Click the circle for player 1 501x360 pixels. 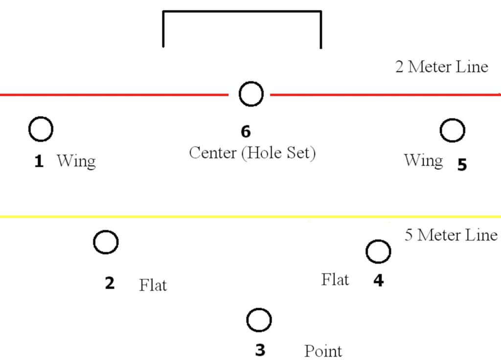pos(41,130)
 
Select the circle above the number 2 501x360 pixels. pos(106,242)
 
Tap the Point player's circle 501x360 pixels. pos(259,320)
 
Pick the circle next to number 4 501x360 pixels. pos(378,252)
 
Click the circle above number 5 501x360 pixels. pos(452,131)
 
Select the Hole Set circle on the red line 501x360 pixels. pos(251,94)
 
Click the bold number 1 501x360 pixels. pos(39,161)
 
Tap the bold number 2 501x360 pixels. pos(110,283)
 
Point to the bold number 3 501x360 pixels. pos(260,350)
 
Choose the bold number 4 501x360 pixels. pos(378,280)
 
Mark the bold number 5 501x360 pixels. pos(462,165)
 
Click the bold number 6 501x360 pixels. pos(246,132)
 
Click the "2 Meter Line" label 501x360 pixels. pos(441,67)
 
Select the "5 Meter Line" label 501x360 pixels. pos(451,235)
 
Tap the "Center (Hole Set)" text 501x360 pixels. pos(252,153)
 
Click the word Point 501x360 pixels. pos(323,351)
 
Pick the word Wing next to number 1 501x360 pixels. pos(76,161)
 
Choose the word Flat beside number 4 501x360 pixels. pos(335,280)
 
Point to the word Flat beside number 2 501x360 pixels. pos(153,285)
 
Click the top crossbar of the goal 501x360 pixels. pos(242,11)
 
